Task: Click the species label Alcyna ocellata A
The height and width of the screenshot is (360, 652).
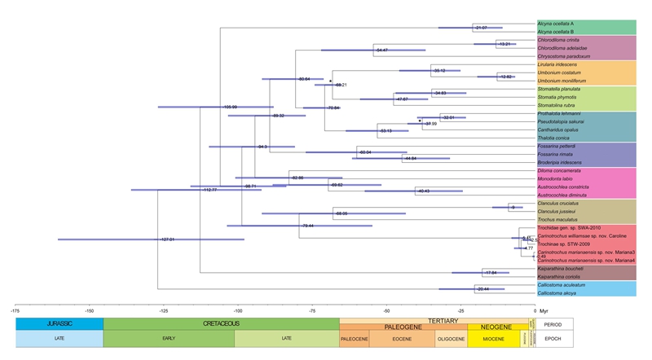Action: coord(557,24)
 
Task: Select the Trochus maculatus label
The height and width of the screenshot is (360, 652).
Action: coord(556,220)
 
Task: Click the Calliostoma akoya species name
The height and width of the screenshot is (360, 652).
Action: coord(557,292)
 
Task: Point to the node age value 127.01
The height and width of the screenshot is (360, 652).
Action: coord(168,239)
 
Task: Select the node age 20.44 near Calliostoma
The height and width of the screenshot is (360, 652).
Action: coord(482,288)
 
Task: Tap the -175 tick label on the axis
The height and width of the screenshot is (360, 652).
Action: coord(15,310)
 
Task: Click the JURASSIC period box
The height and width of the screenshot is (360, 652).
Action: coord(59,323)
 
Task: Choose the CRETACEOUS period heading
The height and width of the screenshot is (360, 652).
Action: coord(221,323)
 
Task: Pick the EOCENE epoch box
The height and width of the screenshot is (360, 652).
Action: coord(398,339)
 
